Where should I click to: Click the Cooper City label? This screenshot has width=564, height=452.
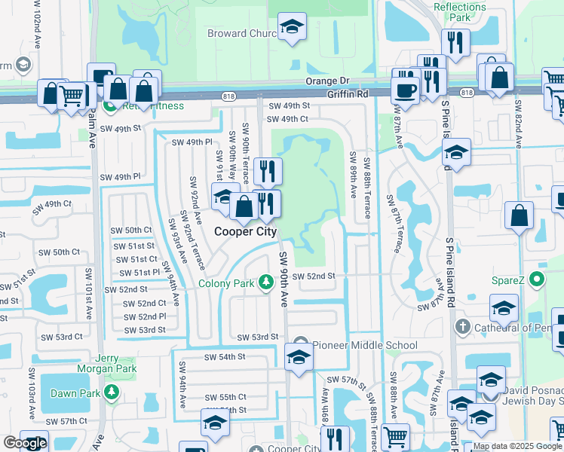[245, 232]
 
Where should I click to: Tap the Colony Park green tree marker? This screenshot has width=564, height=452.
[265, 283]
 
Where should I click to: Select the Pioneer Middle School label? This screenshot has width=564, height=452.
[365, 346]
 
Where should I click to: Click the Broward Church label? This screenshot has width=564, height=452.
[242, 33]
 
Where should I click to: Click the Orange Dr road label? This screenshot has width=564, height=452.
[328, 81]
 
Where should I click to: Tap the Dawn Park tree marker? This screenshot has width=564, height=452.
[112, 392]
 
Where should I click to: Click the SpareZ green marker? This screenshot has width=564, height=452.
[536, 280]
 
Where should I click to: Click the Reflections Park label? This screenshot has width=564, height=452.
[459, 11]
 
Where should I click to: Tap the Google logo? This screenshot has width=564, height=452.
[25, 443]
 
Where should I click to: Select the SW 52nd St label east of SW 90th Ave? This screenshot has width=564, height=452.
[313, 276]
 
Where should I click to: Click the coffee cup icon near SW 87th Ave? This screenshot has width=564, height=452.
[405, 90]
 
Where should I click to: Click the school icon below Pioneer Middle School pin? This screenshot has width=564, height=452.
[299, 356]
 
